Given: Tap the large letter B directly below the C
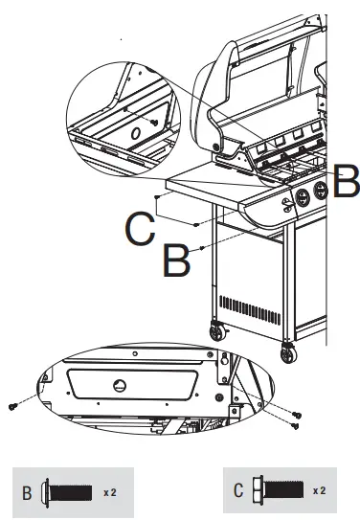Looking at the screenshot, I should click(x=176, y=261).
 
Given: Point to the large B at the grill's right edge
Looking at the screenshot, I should click(x=347, y=180).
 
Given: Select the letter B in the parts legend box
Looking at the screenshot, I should click(x=28, y=494).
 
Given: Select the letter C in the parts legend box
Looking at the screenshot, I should click(x=237, y=493).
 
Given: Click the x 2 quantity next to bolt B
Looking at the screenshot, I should click(x=112, y=493).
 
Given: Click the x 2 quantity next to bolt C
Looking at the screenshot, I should click(x=319, y=492).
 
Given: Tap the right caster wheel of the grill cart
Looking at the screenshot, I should click(x=288, y=353).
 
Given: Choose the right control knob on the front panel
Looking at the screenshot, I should click(x=322, y=192).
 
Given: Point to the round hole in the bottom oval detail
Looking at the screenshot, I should click(x=120, y=385).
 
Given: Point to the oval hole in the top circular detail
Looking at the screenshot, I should click(x=135, y=130).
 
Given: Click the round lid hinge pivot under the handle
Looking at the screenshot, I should click(x=230, y=146).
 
